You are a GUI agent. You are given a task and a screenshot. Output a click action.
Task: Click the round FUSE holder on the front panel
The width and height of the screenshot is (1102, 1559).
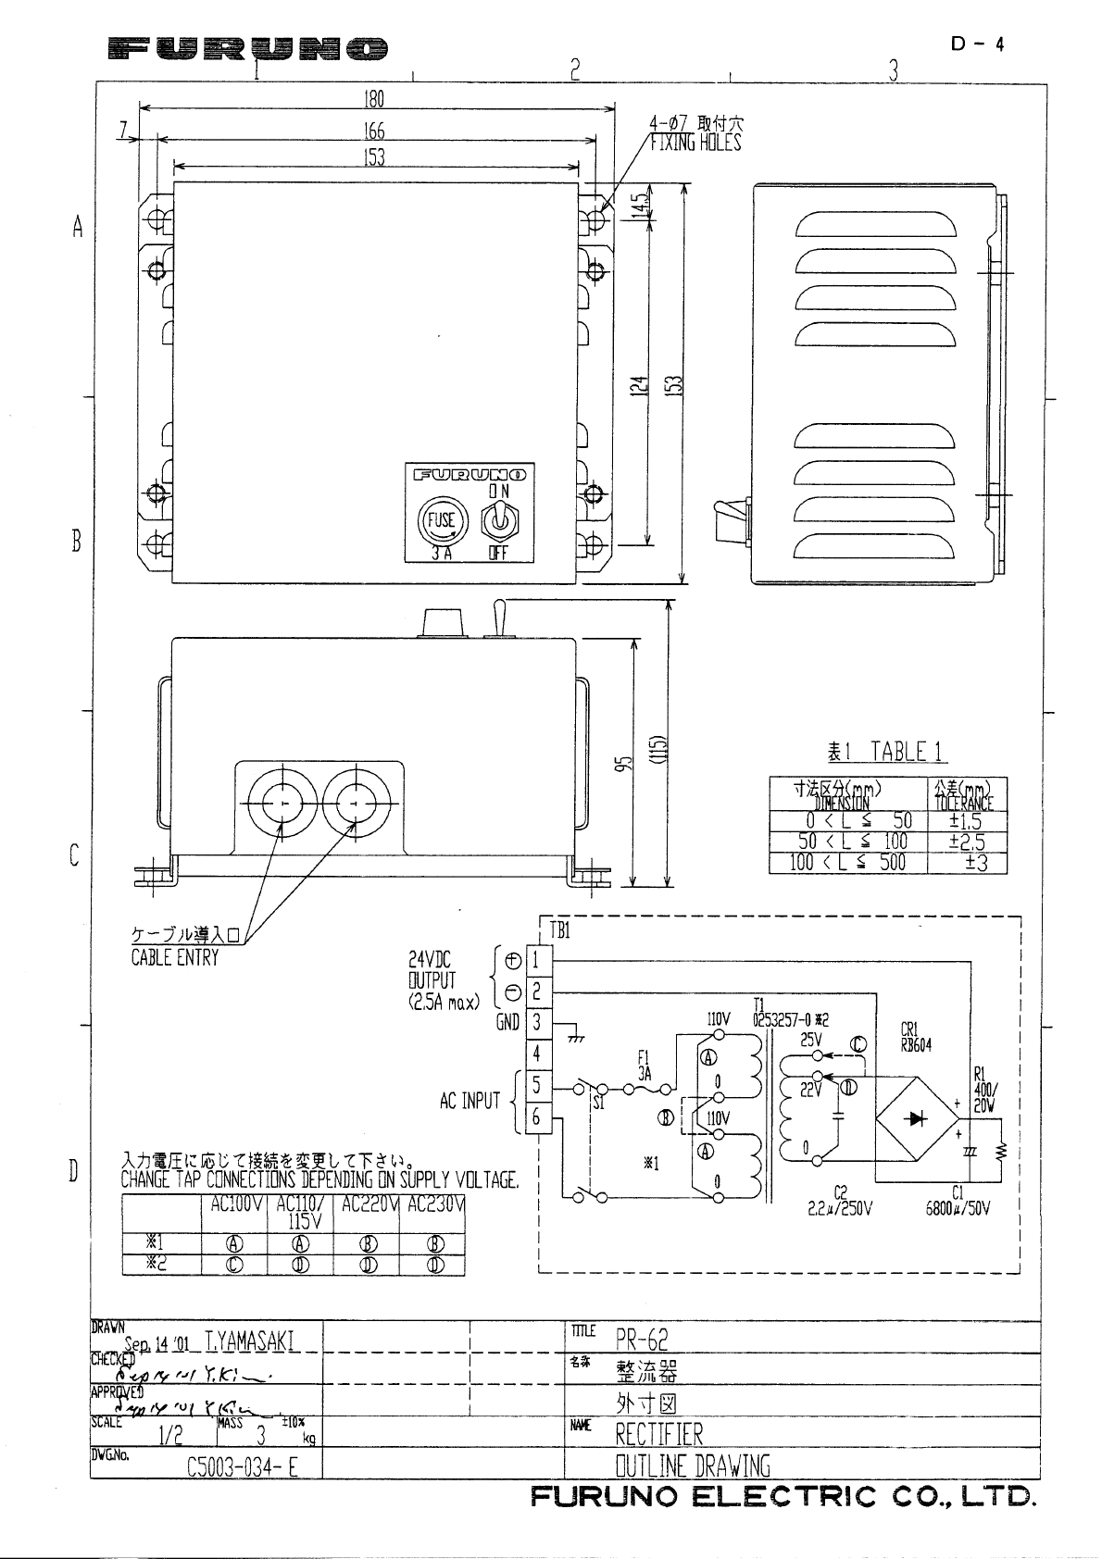click(441, 520)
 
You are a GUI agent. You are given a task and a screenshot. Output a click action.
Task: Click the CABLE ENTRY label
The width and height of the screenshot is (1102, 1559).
click(174, 959)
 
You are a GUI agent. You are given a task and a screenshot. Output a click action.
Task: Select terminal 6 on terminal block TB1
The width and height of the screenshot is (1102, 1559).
click(535, 1117)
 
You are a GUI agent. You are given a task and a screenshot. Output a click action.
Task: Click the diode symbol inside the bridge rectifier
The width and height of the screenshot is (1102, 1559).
click(919, 1118)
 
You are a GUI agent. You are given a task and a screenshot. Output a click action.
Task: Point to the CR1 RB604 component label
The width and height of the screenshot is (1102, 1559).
click(916, 1037)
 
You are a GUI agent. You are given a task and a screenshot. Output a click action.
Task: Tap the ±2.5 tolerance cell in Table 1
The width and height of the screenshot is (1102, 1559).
click(967, 842)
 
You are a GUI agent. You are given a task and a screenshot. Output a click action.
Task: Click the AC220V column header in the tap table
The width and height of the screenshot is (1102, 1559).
click(367, 1204)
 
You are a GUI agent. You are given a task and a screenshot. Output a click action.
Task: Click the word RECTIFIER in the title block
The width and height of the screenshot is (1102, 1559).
click(659, 1435)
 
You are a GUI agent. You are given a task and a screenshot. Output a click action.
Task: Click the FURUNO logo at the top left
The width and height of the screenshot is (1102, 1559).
click(247, 48)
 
